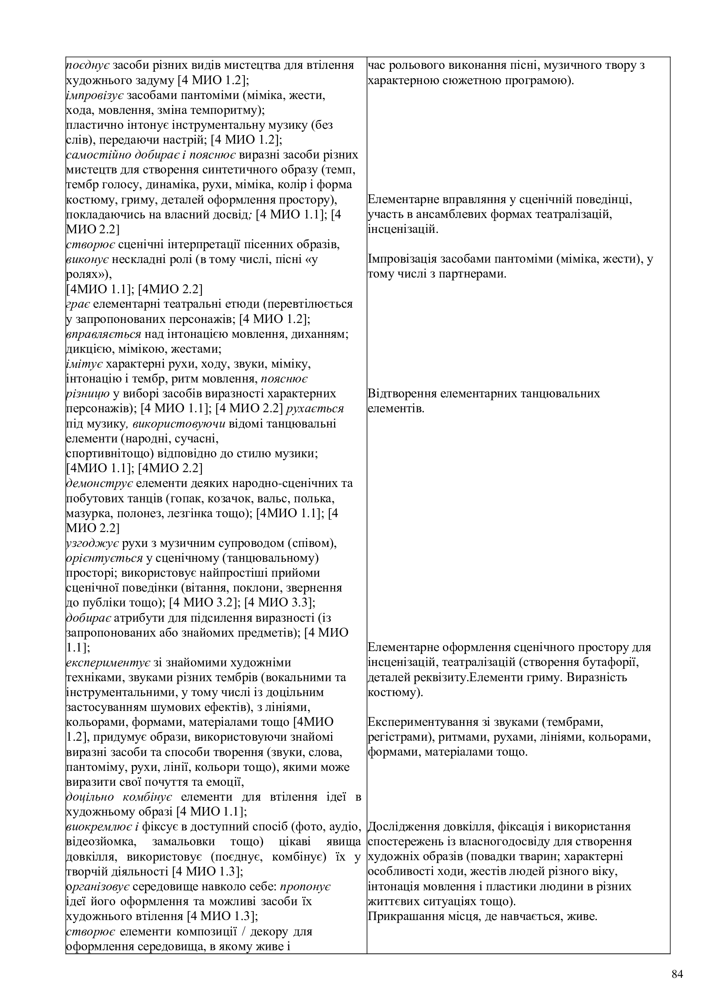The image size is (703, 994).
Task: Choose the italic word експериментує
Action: (108, 663)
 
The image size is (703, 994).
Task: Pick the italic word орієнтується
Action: (104, 558)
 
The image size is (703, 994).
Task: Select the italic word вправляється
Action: (103, 334)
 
